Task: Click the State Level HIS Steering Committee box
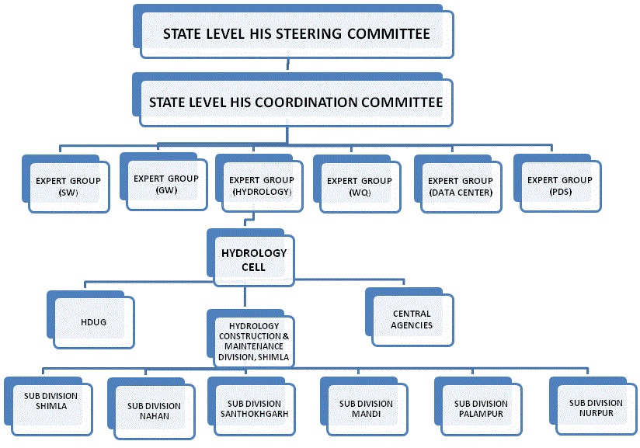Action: (x=295, y=35)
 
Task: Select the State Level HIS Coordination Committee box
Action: (x=295, y=102)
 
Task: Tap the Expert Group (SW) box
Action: (x=68, y=186)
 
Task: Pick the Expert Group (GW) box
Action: (x=166, y=183)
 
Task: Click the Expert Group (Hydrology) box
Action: (x=261, y=185)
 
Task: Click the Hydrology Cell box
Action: (x=254, y=259)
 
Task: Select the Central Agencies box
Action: (x=412, y=318)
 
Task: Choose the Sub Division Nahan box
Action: (x=153, y=409)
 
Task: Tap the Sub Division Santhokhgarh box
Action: (x=258, y=408)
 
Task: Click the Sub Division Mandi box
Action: (x=366, y=408)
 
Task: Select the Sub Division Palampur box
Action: (x=481, y=408)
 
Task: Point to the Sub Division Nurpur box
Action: (x=596, y=408)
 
